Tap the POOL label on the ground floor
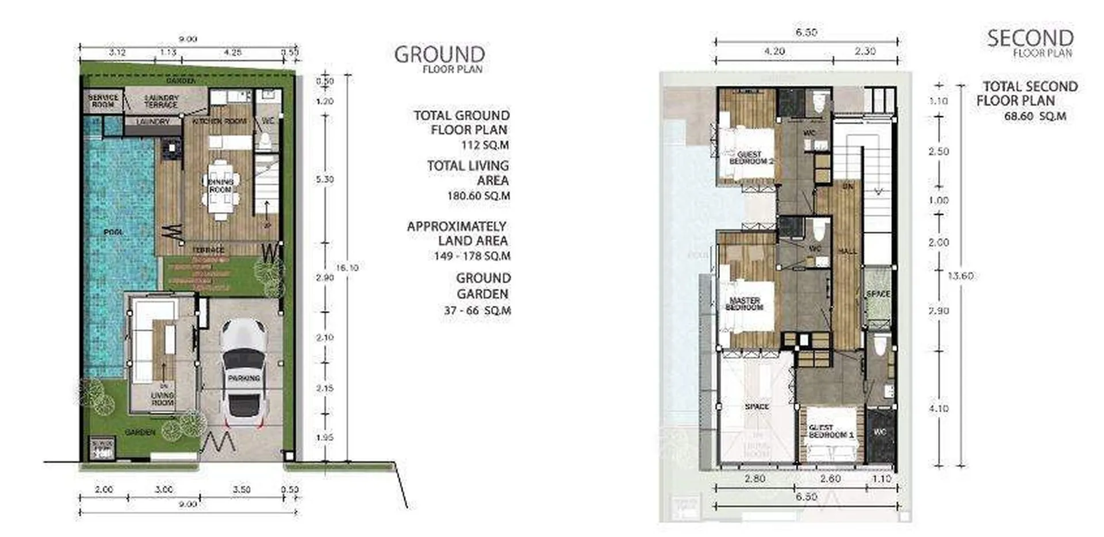pos(113,232)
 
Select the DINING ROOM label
pos(220,186)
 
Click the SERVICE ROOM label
pos(103,101)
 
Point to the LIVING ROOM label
pos(163,399)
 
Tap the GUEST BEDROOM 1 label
pos(827,431)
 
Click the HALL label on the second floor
pos(848,251)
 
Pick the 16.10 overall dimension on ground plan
pos(347,268)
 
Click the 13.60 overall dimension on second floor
pos(961,276)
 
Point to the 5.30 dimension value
pos(324,179)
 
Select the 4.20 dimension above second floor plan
pos(774,51)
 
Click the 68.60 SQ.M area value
pos(1035,116)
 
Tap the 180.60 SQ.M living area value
pos(478,196)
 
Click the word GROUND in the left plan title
pos(439,55)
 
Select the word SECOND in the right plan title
pos(1030,39)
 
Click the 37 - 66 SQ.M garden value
pos(477,310)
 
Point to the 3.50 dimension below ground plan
pos(241,489)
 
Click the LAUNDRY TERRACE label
pos(161,101)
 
